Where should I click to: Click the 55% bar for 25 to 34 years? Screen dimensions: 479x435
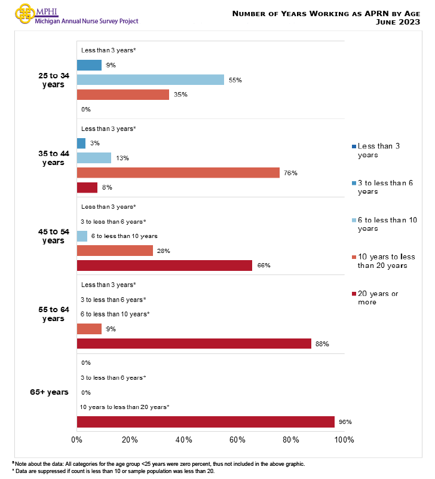click(x=150, y=80)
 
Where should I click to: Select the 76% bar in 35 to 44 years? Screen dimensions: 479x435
click(x=178, y=173)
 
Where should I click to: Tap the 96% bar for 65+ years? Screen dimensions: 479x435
click(x=206, y=422)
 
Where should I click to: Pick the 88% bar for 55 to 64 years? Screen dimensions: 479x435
click(x=194, y=344)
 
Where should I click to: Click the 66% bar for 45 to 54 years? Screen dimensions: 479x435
click(x=164, y=266)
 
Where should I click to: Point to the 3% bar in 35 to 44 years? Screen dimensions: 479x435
click(x=81, y=144)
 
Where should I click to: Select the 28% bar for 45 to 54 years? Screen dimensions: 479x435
click(x=115, y=251)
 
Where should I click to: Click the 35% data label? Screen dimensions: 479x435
click(x=181, y=94)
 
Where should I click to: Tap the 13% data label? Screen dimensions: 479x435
click(x=122, y=158)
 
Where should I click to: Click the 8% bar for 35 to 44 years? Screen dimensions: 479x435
click(x=87, y=188)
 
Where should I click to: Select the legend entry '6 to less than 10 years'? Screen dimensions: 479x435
click(x=385, y=224)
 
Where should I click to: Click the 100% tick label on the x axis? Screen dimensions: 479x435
click(x=345, y=440)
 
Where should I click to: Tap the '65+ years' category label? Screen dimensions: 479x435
click(x=49, y=392)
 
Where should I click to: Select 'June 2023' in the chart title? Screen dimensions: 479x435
click(x=401, y=22)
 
